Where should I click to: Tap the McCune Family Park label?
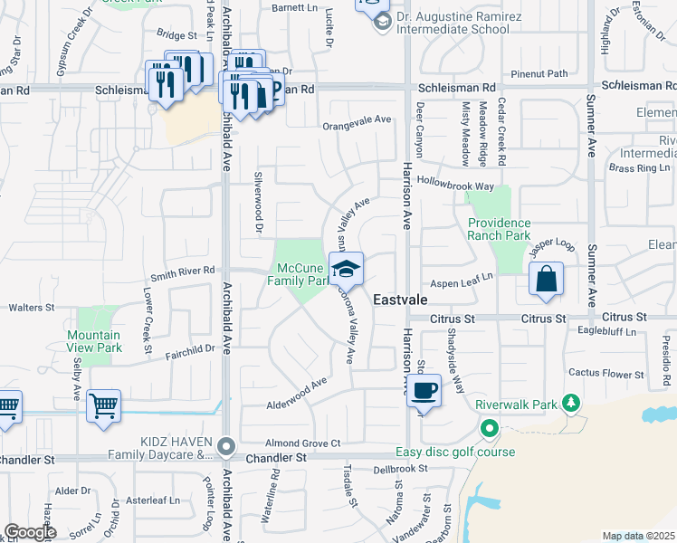(x=302, y=274)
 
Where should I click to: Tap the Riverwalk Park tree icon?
(x=571, y=402)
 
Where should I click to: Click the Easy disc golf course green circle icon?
(x=490, y=428)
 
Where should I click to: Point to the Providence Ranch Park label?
(x=499, y=229)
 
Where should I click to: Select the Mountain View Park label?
(x=94, y=341)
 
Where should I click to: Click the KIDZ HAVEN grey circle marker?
(x=226, y=446)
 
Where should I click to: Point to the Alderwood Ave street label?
(x=297, y=392)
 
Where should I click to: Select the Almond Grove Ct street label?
(x=301, y=443)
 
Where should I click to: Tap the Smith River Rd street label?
(x=183, y=270)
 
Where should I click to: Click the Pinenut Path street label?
(x=539, y=73)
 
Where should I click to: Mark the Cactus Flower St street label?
(x=605, y=373)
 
